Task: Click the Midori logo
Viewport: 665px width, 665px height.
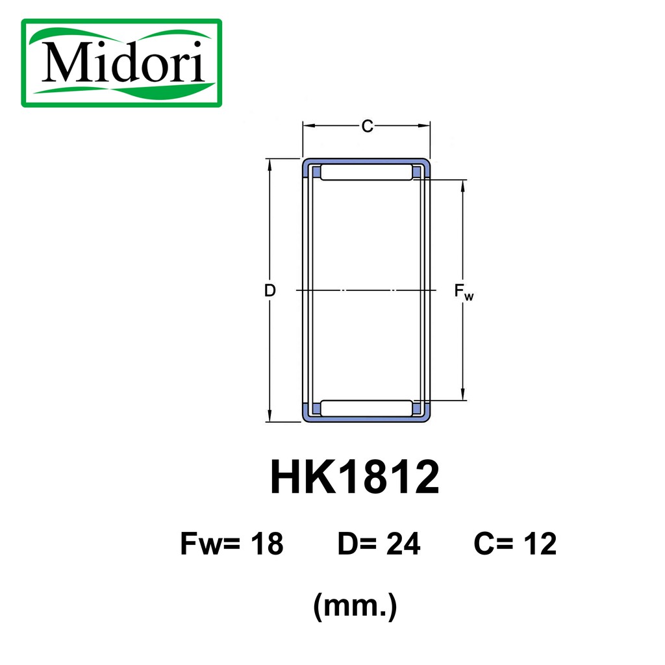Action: tap(121, 63)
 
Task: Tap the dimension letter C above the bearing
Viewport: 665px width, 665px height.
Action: tap(368, 127)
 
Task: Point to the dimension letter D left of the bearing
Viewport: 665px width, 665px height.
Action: tap(270, 290)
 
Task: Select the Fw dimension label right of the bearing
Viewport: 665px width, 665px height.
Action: tap(464, 292)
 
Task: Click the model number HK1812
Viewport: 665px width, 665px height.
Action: tap(355, 477)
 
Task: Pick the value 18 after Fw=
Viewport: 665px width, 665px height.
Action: tap(267, 544)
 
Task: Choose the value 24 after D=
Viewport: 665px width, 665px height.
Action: tap(403, 544)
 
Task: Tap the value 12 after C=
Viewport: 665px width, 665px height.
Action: tap(540, 544)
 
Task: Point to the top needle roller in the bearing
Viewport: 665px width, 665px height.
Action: tap(366, 172)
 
